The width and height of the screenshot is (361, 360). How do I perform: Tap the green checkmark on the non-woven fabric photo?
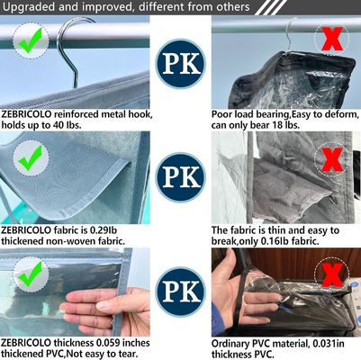pyautogui.click(x=31, y=157)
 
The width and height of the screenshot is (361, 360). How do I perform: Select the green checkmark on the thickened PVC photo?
pyautogui.click(x=31, y=274)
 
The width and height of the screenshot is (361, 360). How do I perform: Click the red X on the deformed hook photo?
pyautogui.click(x=332, y=39)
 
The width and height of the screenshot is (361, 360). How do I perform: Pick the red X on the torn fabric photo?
pyautogui.click(x=332, y=160)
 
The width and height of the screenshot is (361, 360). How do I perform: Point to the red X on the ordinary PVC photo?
pyautogui.click(x=332, y=275)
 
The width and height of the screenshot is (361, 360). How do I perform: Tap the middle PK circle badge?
pyautogui.click(x=181, y=177)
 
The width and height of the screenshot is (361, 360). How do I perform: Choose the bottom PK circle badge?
pyautogui.click(x=181, y=292)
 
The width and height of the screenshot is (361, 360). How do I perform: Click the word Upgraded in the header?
pyautogui.click(x=29, y=7)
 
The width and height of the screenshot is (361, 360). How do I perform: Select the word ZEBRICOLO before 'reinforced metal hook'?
pyautogui.click(x=26, y=114)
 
